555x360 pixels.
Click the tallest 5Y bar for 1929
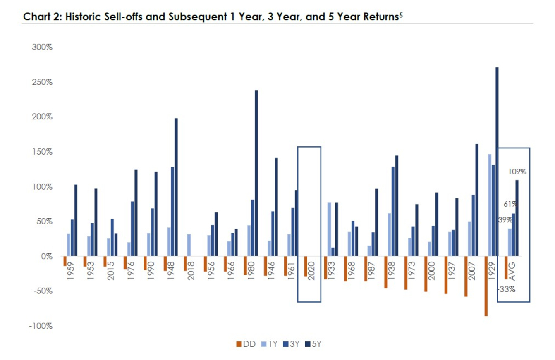click(497, 161)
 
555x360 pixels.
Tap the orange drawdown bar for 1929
click(486, 286)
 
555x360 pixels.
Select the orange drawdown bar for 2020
click(306, 266)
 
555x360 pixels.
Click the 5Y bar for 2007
click(477, 200)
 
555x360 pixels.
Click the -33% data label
click(507, 290)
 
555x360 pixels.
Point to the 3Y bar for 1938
click(392, 211)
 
